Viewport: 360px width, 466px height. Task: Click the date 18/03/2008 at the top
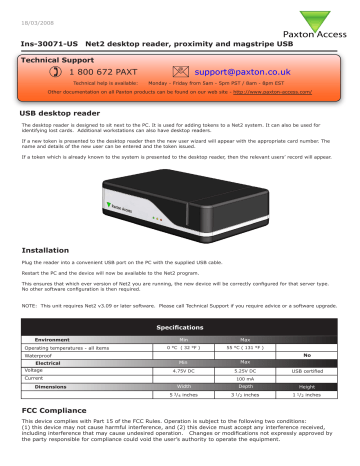coord(36,12)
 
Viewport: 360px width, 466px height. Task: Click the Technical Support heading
coord(63,60)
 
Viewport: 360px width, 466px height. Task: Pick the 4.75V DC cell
coord(180,398)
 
